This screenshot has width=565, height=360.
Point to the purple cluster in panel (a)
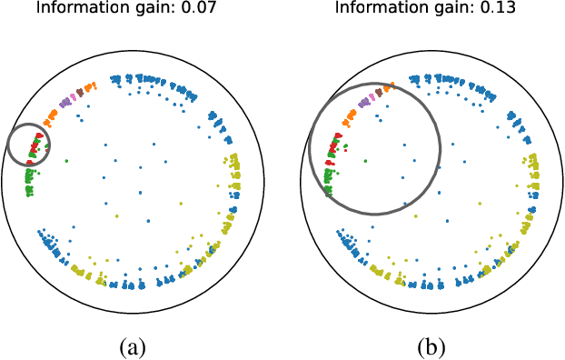click(64, 102)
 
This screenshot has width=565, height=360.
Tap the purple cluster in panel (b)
click(364, 103)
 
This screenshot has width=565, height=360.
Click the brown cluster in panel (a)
click(80, 92)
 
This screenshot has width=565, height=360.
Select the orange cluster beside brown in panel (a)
click(89, 87)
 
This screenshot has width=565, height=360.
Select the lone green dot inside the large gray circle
click(366, 160)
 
